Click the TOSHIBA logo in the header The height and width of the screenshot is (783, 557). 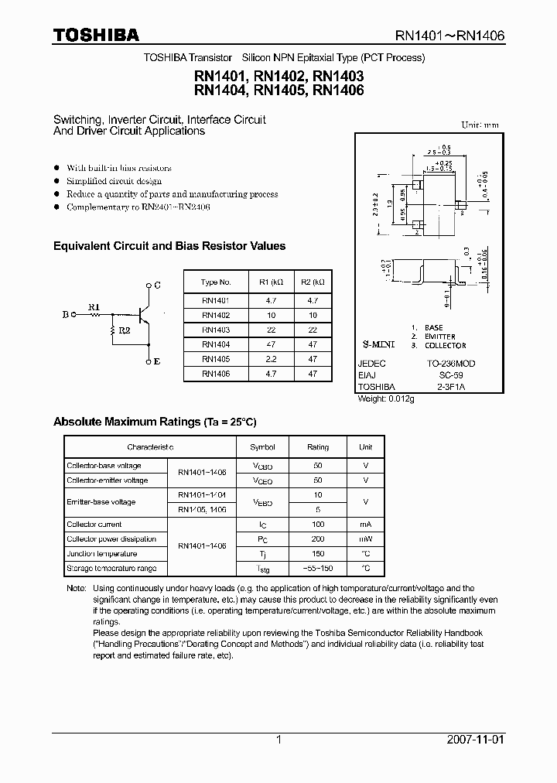96,35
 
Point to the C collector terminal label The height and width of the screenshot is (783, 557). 157,285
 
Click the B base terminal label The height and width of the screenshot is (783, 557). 65,315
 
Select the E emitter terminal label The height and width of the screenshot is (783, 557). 157,361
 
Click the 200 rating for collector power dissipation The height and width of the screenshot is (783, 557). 318,539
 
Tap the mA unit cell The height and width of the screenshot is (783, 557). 365,525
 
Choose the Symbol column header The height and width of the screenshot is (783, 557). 262,447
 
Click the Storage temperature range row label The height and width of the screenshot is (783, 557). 111,569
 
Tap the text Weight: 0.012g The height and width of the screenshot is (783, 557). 386,398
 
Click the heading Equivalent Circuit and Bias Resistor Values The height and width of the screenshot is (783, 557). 169,246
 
